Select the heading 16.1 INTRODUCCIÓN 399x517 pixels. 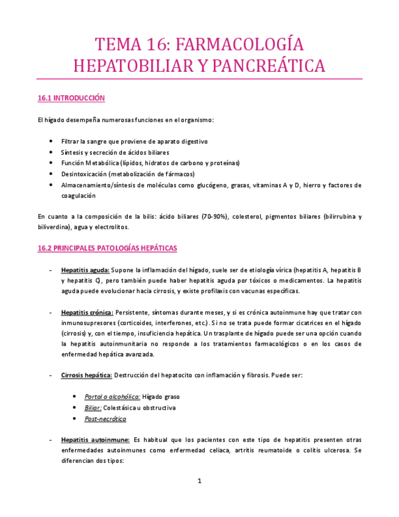[x=71, y=98]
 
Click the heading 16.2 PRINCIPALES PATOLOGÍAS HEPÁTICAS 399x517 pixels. [x=107, y=248]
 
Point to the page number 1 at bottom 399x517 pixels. [x=199, y=481]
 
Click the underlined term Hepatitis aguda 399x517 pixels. [x=85, y=269]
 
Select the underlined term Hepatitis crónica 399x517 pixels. [x=87, y=312]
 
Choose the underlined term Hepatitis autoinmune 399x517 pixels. [x=95, y=439]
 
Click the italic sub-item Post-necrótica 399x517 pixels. [x=106, y=419]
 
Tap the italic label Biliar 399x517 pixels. [x=93, y=408]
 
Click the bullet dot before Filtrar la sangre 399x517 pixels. [x=50, y=141]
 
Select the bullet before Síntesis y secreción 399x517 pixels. [x=50, y=152]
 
